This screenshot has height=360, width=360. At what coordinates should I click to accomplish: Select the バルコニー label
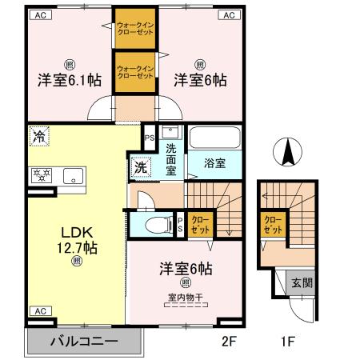85,341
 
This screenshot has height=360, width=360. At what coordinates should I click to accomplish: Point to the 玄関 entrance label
301,282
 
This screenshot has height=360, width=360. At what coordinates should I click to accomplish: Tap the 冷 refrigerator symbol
38,137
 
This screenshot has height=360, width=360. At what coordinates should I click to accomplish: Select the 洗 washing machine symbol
140,168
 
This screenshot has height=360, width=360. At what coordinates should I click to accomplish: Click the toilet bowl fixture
157,224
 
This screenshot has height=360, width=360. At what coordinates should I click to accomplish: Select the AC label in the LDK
38,310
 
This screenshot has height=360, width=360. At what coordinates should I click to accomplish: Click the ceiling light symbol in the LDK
76,261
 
